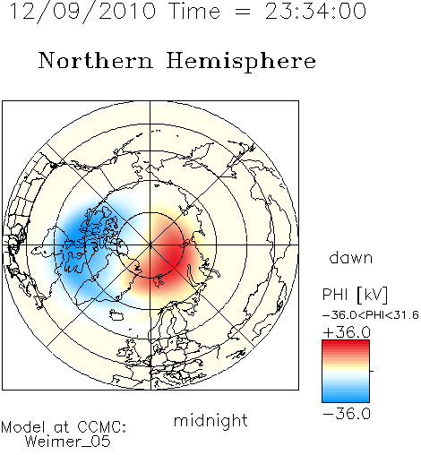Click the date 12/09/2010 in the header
tap(82, 11)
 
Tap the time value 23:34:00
tap(315, 11)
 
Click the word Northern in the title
tap(96, 60)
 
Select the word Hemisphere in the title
tap(241, 61)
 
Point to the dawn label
tap(351, 257)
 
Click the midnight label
tap(210, 420)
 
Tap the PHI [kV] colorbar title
tap(355, 295)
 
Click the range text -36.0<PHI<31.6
tap(371, 315)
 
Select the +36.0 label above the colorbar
tap(347, 332)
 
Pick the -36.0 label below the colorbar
tap(347, 414)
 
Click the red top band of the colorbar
tap(346, 344)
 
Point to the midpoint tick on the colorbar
tap(372, 371)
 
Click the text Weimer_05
tap(68, 442)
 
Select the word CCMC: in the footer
tap(101, 427)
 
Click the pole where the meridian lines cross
tap(150, 245)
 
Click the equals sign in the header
tap(243, 13)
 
